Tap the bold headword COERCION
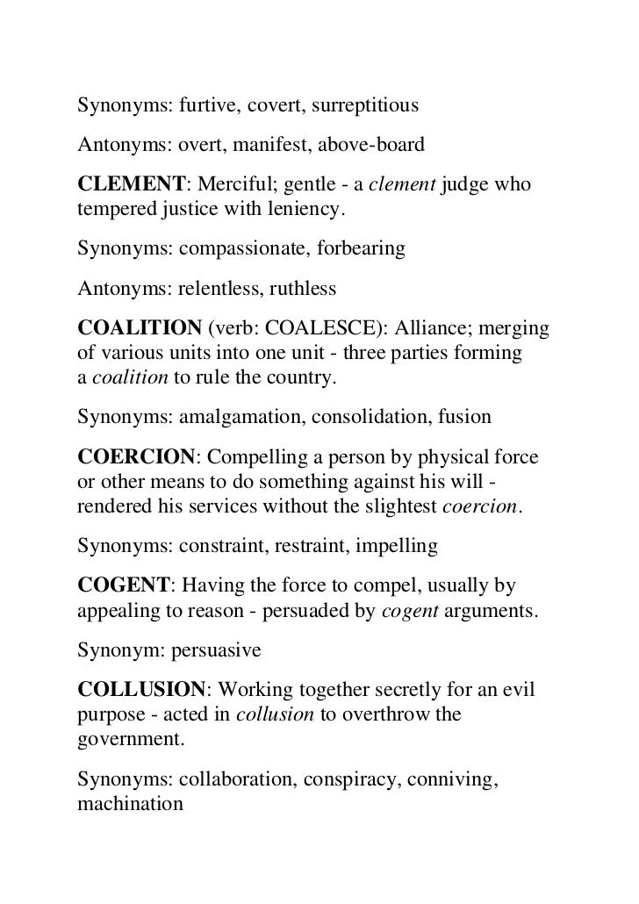(136, 458)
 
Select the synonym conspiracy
(347, 777)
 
